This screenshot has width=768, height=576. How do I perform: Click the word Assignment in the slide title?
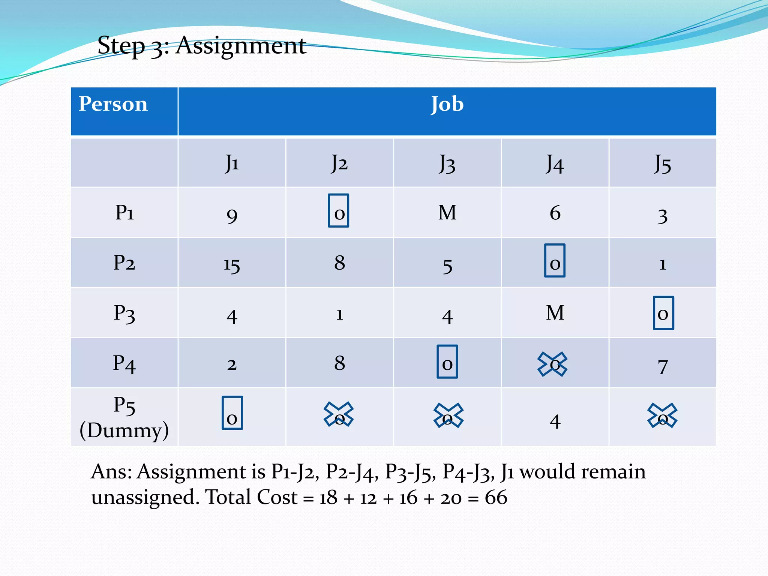241,46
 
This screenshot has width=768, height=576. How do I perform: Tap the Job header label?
447,104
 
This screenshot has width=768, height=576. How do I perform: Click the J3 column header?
447,163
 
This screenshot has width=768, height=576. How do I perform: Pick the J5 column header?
663,163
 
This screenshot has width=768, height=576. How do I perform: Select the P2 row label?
124,262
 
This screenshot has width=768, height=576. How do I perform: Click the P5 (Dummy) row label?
124,417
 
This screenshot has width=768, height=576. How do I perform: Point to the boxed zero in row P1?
339,211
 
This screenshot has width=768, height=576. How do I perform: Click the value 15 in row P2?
232,265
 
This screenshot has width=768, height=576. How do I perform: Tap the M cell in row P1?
447,213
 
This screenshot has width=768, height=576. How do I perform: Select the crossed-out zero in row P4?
552,364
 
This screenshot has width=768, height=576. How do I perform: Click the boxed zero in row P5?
232,413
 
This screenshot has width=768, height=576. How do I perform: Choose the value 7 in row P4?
663,366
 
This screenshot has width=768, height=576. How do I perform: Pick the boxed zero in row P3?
663,313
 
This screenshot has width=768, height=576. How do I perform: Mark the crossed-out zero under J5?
662,415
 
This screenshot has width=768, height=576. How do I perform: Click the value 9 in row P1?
232,215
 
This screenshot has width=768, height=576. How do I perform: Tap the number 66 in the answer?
496,498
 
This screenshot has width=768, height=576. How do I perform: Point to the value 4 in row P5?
555,421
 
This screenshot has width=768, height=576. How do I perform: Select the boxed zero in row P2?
555,261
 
